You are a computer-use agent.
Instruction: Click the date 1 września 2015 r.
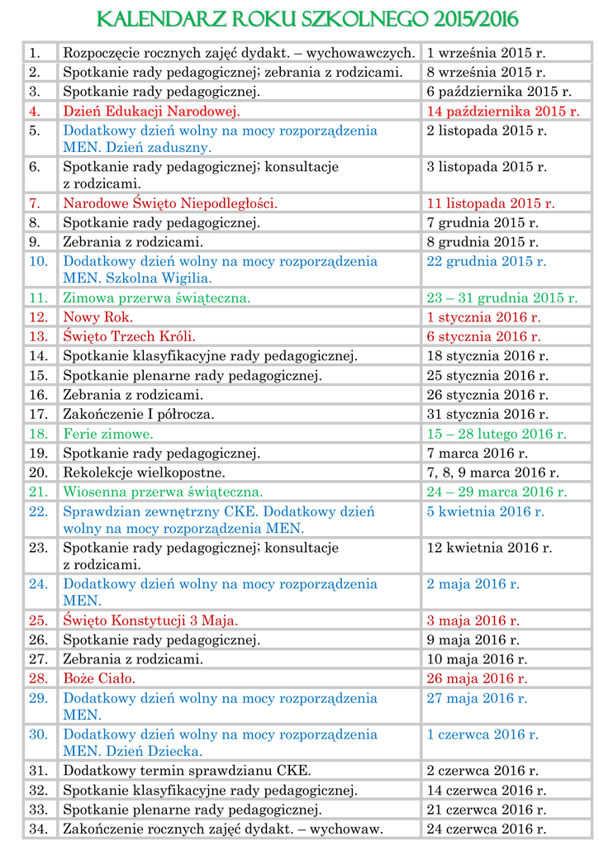pyautogui.click(x=487, y=53)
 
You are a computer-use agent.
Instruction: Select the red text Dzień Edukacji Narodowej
pyautogui.click(x=151, y=111)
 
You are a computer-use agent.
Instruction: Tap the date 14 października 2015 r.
pyautogui.click(x=502, y=111)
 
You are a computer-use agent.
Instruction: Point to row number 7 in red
pyautogui.click(x=34, y=202)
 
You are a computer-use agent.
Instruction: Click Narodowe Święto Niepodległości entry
pyautogui.click(x=170, y=202)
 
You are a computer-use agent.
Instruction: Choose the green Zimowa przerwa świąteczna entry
pyautogui.click(x=156, y=297)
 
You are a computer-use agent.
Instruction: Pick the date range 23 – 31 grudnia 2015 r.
pyautogui.click(x=502, y=297)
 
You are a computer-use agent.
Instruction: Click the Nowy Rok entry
pyautogui.click(x=98, y=317)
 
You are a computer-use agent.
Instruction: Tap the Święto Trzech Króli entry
pyautogui.click(x=129, y=336)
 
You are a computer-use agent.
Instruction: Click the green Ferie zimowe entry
pyautogui.click(x=107, y=433)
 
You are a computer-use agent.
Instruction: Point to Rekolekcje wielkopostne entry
pyautogui.click(x=144, y=473)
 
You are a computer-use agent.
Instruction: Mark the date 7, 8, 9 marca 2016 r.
pyautogui.click(x=492, y=473)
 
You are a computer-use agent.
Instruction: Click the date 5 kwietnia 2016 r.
pyautogui.click(x=485, y=511)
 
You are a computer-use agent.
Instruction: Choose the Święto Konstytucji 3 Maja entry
pyautogui.click(x=150, y=620)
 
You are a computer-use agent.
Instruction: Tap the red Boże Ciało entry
pyautogui.click(x=99, y=678)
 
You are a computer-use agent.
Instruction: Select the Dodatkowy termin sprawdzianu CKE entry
pyautogui.click(x=187, y=771)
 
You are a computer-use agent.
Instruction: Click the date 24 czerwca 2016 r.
pyautogui.click(x=486, y=829)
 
